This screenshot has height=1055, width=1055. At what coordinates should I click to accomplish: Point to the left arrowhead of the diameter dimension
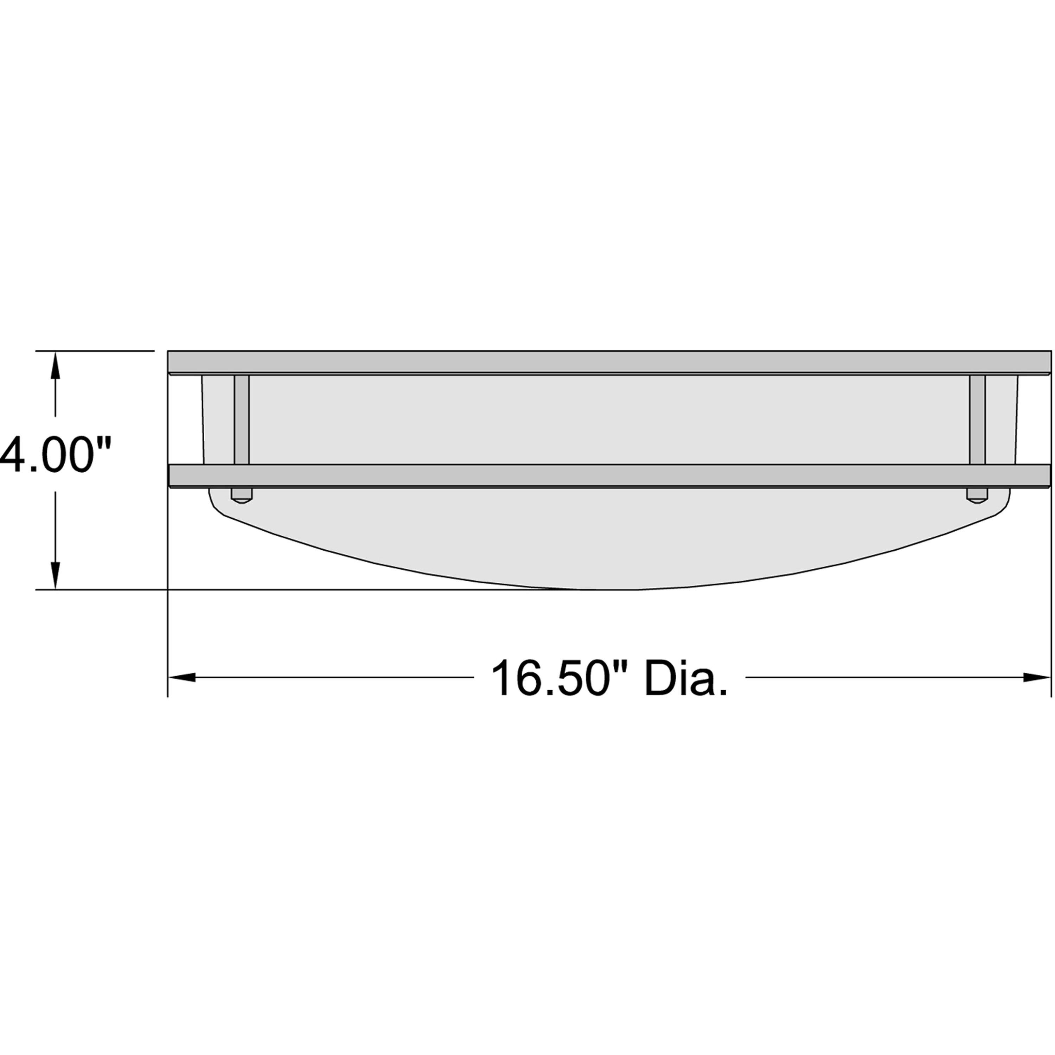coord(181,678)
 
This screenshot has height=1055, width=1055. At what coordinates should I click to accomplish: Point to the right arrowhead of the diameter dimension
coord(1036,678)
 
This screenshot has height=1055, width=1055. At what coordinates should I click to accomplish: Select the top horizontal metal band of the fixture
coord(609,362)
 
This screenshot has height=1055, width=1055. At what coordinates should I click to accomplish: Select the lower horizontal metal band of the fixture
coord(609,475)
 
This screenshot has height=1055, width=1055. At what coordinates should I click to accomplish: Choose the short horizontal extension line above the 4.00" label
coord(96,351)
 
